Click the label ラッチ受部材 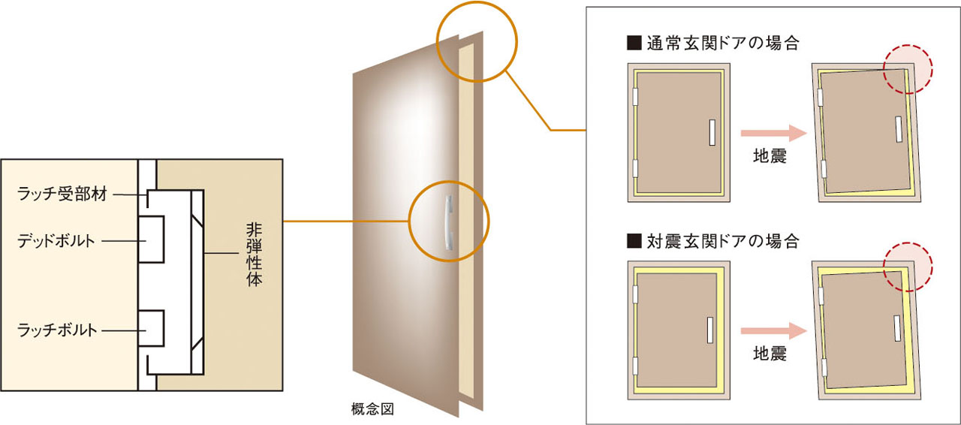62,194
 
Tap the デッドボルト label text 56,241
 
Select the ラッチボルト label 57,330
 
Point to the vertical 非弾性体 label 254,254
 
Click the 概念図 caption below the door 372,409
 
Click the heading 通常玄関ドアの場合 722,43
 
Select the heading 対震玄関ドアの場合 722,241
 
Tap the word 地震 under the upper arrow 770,156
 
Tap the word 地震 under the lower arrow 770,354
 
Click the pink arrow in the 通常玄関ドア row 773,133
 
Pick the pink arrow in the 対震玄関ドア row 773,331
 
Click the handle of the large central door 448,222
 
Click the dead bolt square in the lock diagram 151,240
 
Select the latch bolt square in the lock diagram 151,328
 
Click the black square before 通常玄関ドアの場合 634,43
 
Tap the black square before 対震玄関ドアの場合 634,241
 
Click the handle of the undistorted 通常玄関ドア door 712,132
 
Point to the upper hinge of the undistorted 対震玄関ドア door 635,294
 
